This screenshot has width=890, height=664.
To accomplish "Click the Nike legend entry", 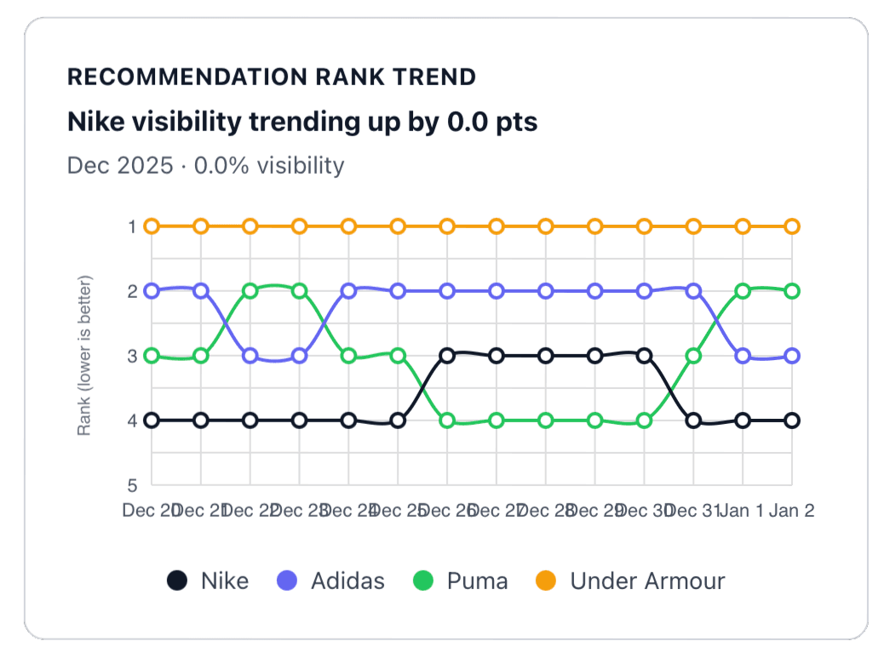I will point(209,581).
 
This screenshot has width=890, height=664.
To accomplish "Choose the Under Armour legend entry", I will point(630,581).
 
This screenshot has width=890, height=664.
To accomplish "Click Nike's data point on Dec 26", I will point(447,356).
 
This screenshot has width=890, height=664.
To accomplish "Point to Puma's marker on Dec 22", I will point(250,291).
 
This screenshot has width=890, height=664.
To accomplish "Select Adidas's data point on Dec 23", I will point(299,356).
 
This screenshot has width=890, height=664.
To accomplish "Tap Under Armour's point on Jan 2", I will point(792,226).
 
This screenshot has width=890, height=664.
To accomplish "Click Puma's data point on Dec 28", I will point(546,421).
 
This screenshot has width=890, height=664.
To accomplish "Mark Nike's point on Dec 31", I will point(693,421).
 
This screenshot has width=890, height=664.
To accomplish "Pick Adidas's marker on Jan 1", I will point(743,356).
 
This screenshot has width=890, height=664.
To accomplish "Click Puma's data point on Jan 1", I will point(743,291).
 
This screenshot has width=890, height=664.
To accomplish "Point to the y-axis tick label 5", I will point(132,486).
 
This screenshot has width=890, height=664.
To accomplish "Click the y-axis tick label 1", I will point(132,226).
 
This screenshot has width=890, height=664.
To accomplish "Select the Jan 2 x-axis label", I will point(792,511).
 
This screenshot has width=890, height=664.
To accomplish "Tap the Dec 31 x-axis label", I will point(693,511).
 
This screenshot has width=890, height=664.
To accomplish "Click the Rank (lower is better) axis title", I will point(84,356).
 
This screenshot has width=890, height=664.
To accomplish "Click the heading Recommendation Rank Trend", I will point(271,77).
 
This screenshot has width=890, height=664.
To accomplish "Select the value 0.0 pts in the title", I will point(493,122).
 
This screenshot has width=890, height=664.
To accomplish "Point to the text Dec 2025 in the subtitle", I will point(118,164).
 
